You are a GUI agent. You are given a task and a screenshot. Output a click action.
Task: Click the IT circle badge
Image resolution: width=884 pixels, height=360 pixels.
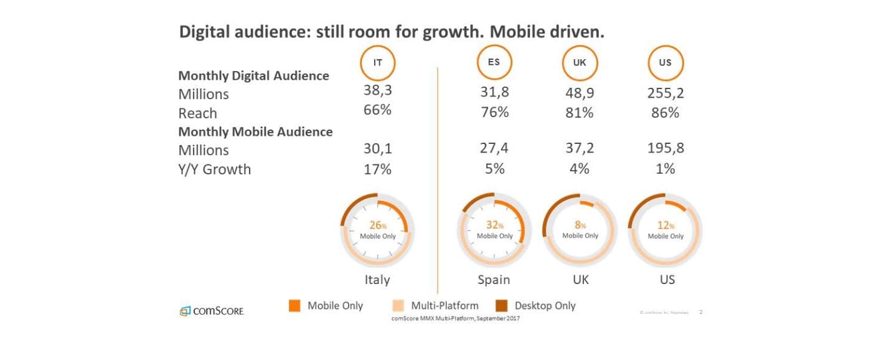pos(377,63)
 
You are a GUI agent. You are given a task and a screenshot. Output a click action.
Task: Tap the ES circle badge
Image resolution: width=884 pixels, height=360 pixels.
pos(494,63)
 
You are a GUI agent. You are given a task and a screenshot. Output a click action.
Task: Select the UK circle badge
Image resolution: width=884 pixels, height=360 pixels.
pos(579,63)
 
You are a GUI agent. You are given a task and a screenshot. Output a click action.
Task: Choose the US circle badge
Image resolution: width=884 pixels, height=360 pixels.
pos(665,63)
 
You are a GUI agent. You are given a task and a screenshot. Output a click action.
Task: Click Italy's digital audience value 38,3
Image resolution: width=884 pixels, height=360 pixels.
pos(378,90)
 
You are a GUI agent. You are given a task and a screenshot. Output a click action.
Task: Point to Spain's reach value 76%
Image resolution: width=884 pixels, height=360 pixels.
pos(494,112)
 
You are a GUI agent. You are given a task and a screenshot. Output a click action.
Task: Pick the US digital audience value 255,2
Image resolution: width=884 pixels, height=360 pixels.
pos(665,93)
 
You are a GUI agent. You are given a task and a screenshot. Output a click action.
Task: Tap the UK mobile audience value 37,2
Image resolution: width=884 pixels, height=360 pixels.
pos(580,149)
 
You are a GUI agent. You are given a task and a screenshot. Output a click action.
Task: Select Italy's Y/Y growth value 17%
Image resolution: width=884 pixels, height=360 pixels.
pos(378,168)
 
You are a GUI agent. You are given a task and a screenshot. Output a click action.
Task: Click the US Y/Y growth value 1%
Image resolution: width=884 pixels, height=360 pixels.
pos(665,168)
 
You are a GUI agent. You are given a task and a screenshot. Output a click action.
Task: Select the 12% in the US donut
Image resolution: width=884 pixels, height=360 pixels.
pos(665,225)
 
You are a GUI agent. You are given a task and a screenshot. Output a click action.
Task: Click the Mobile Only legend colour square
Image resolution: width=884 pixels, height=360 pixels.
pos(295,306)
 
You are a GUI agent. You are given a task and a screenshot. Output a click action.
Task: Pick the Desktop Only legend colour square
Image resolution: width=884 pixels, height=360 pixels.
pos(502,306)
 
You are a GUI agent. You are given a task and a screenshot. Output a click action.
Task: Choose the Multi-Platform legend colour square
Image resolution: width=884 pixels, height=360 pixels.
pos(398,306)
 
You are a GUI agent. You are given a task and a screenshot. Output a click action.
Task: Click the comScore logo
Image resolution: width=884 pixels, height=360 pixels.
pos(212,311)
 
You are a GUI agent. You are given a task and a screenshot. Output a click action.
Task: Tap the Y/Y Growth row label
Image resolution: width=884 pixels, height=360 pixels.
pos(214,169)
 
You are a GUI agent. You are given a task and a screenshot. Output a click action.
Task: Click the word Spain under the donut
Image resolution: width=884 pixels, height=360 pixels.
pos(494,279)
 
